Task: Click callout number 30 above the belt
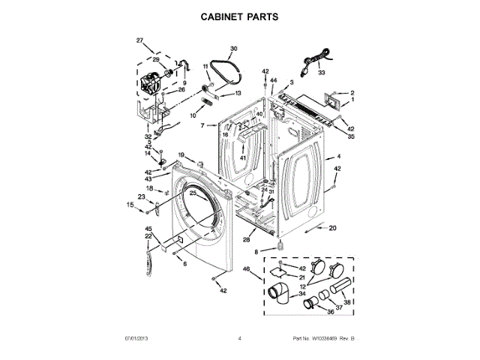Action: pyautogui.click(x=233, y=49)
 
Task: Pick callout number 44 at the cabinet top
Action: pyautogui.click(x=274, y=80)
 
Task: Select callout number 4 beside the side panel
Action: pyautogui.click(x=338, y=157)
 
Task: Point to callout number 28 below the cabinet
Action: pyautogui.click(x=245, y=240)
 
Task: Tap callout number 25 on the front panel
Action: pyautogui.click(x=193, y=193)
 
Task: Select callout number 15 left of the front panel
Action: pyautogui.click(x=130, y=204)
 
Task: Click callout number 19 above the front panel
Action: pyautogui.click(x=181, y=154)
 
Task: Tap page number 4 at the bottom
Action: pyautogui.click(x=239, y=340)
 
